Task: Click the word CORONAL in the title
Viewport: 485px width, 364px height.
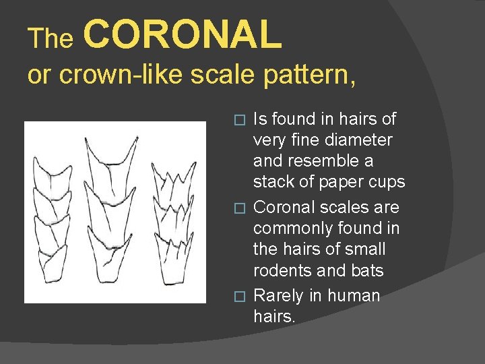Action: coord(183,35)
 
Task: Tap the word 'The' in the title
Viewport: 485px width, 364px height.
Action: coord(51,39)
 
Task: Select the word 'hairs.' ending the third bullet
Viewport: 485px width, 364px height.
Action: coord(274,317)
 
